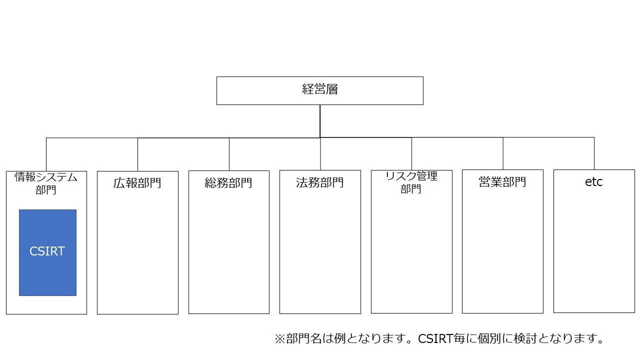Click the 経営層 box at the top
[319, 90]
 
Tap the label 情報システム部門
[46, 183]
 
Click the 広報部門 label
[137, 182]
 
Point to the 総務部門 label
[228, 182]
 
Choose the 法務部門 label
[319, 182]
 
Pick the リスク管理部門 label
[411, 182]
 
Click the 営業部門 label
[502, 181]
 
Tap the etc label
[593, 182]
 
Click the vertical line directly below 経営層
[320, 120]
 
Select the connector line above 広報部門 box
[137, 154]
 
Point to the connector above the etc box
[594, 153]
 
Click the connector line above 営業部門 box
[503, 153]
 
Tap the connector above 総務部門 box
[229, 154]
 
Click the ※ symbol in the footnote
[279, 339]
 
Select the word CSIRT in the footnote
[435, 339]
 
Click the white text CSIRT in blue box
[47, 251]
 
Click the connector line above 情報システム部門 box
[46, 154]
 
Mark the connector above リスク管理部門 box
[411, 153]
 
